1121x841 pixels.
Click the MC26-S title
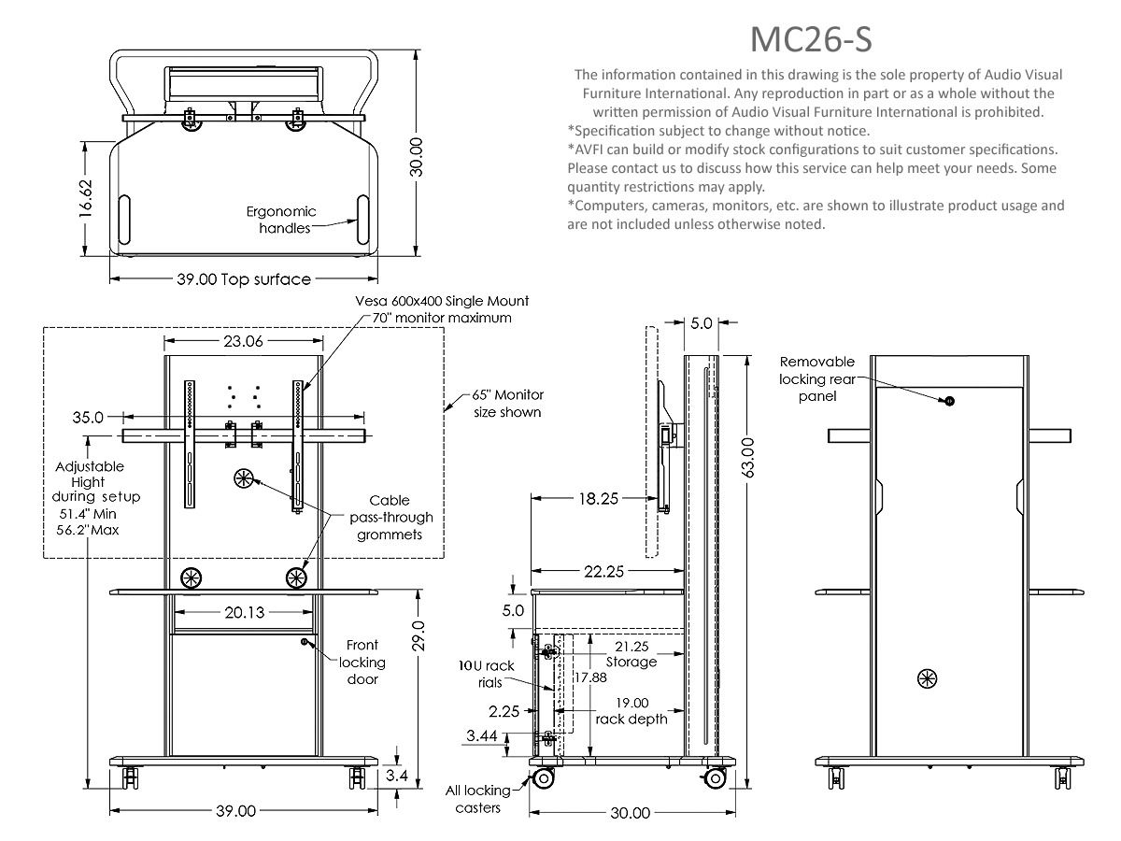tap(811, 39)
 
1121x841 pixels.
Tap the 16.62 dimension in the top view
tap(86, 199)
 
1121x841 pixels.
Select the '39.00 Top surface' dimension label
tap(244, 279)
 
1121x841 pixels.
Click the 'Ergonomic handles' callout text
tap(281, 220)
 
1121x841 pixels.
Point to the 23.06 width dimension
tap(243, 340)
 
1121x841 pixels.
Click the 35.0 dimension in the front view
tap(88, 417)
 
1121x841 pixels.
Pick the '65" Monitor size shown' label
tap(507, 404)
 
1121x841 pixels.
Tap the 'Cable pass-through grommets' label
tap(390, 518)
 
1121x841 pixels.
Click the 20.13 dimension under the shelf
tap(245, 612)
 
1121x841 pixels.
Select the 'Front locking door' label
tap(362, 662)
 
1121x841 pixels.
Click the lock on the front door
tap(305, 641)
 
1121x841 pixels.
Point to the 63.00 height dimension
tap(747, 458)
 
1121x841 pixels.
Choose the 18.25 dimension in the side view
tap(598, 498)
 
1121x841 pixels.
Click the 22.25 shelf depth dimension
tap(603, 571)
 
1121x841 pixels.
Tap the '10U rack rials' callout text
tap(486, 674)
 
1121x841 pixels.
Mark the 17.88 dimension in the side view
tap(590, 677)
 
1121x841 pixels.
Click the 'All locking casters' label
tap(477, 799)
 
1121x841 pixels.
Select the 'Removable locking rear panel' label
tap(817, 378)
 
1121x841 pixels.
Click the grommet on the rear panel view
tap(928, 679)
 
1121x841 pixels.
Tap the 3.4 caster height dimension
tap(396, 776)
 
